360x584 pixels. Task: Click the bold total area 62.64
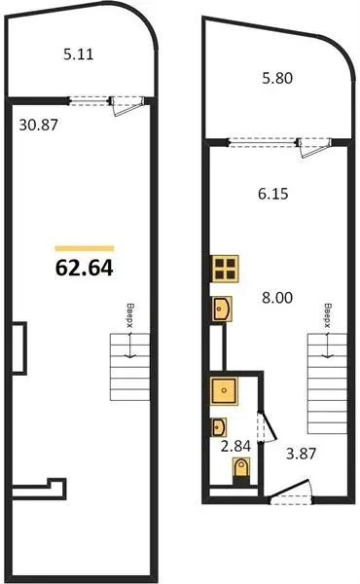(x=84, y=268)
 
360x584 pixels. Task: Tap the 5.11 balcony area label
(x=79, y=55)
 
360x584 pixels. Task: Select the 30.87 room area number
(x=39, y=125)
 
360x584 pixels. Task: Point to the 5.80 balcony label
(x=277, y=78)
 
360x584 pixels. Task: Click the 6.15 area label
(x=272, y=194)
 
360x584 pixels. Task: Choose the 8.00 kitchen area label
(x=277, y=298)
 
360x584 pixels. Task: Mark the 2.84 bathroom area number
(x=235, y=446)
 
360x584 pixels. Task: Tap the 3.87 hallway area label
(x=301, y=454)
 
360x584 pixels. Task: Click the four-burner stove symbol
(x=225, y=269)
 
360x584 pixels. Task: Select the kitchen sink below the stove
(x=221, y=309)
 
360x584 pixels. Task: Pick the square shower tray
(x=224, y=390)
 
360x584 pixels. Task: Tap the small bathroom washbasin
(x=219, y=427)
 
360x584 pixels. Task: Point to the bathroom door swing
(x=268, y=426)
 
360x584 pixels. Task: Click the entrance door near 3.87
(x=290, y=493)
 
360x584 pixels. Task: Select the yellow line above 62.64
(x=85, y=248)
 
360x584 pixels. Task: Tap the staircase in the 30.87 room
(x=130, y=367)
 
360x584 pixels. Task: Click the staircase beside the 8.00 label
(x=327, y=383)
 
